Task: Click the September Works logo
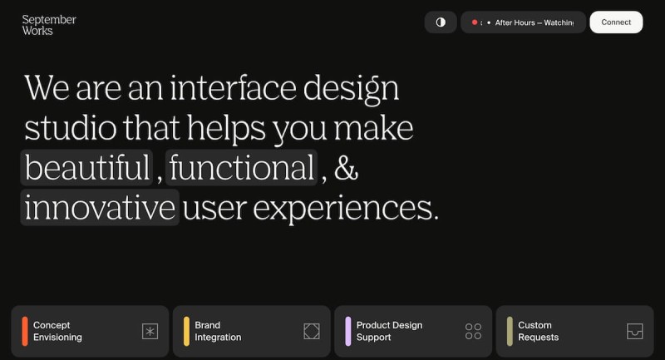point(49,25)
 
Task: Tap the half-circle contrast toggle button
point(441,22)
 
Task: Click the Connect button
point(616,22)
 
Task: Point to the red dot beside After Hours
point(475,22)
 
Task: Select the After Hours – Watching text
point(534,22)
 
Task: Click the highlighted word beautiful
point(87,167)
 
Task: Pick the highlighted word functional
point(241,167)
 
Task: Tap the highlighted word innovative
point(100,207)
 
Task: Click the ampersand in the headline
point(346,168)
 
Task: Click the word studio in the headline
point(71,128)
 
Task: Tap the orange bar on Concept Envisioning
point(25,331)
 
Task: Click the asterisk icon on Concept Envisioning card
point(150,331)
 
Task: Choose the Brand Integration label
point(218,331)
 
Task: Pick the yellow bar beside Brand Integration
point(186,331)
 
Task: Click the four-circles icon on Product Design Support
point(473,331)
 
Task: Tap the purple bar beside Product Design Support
point(348,331)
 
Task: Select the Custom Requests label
point(538,331)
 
